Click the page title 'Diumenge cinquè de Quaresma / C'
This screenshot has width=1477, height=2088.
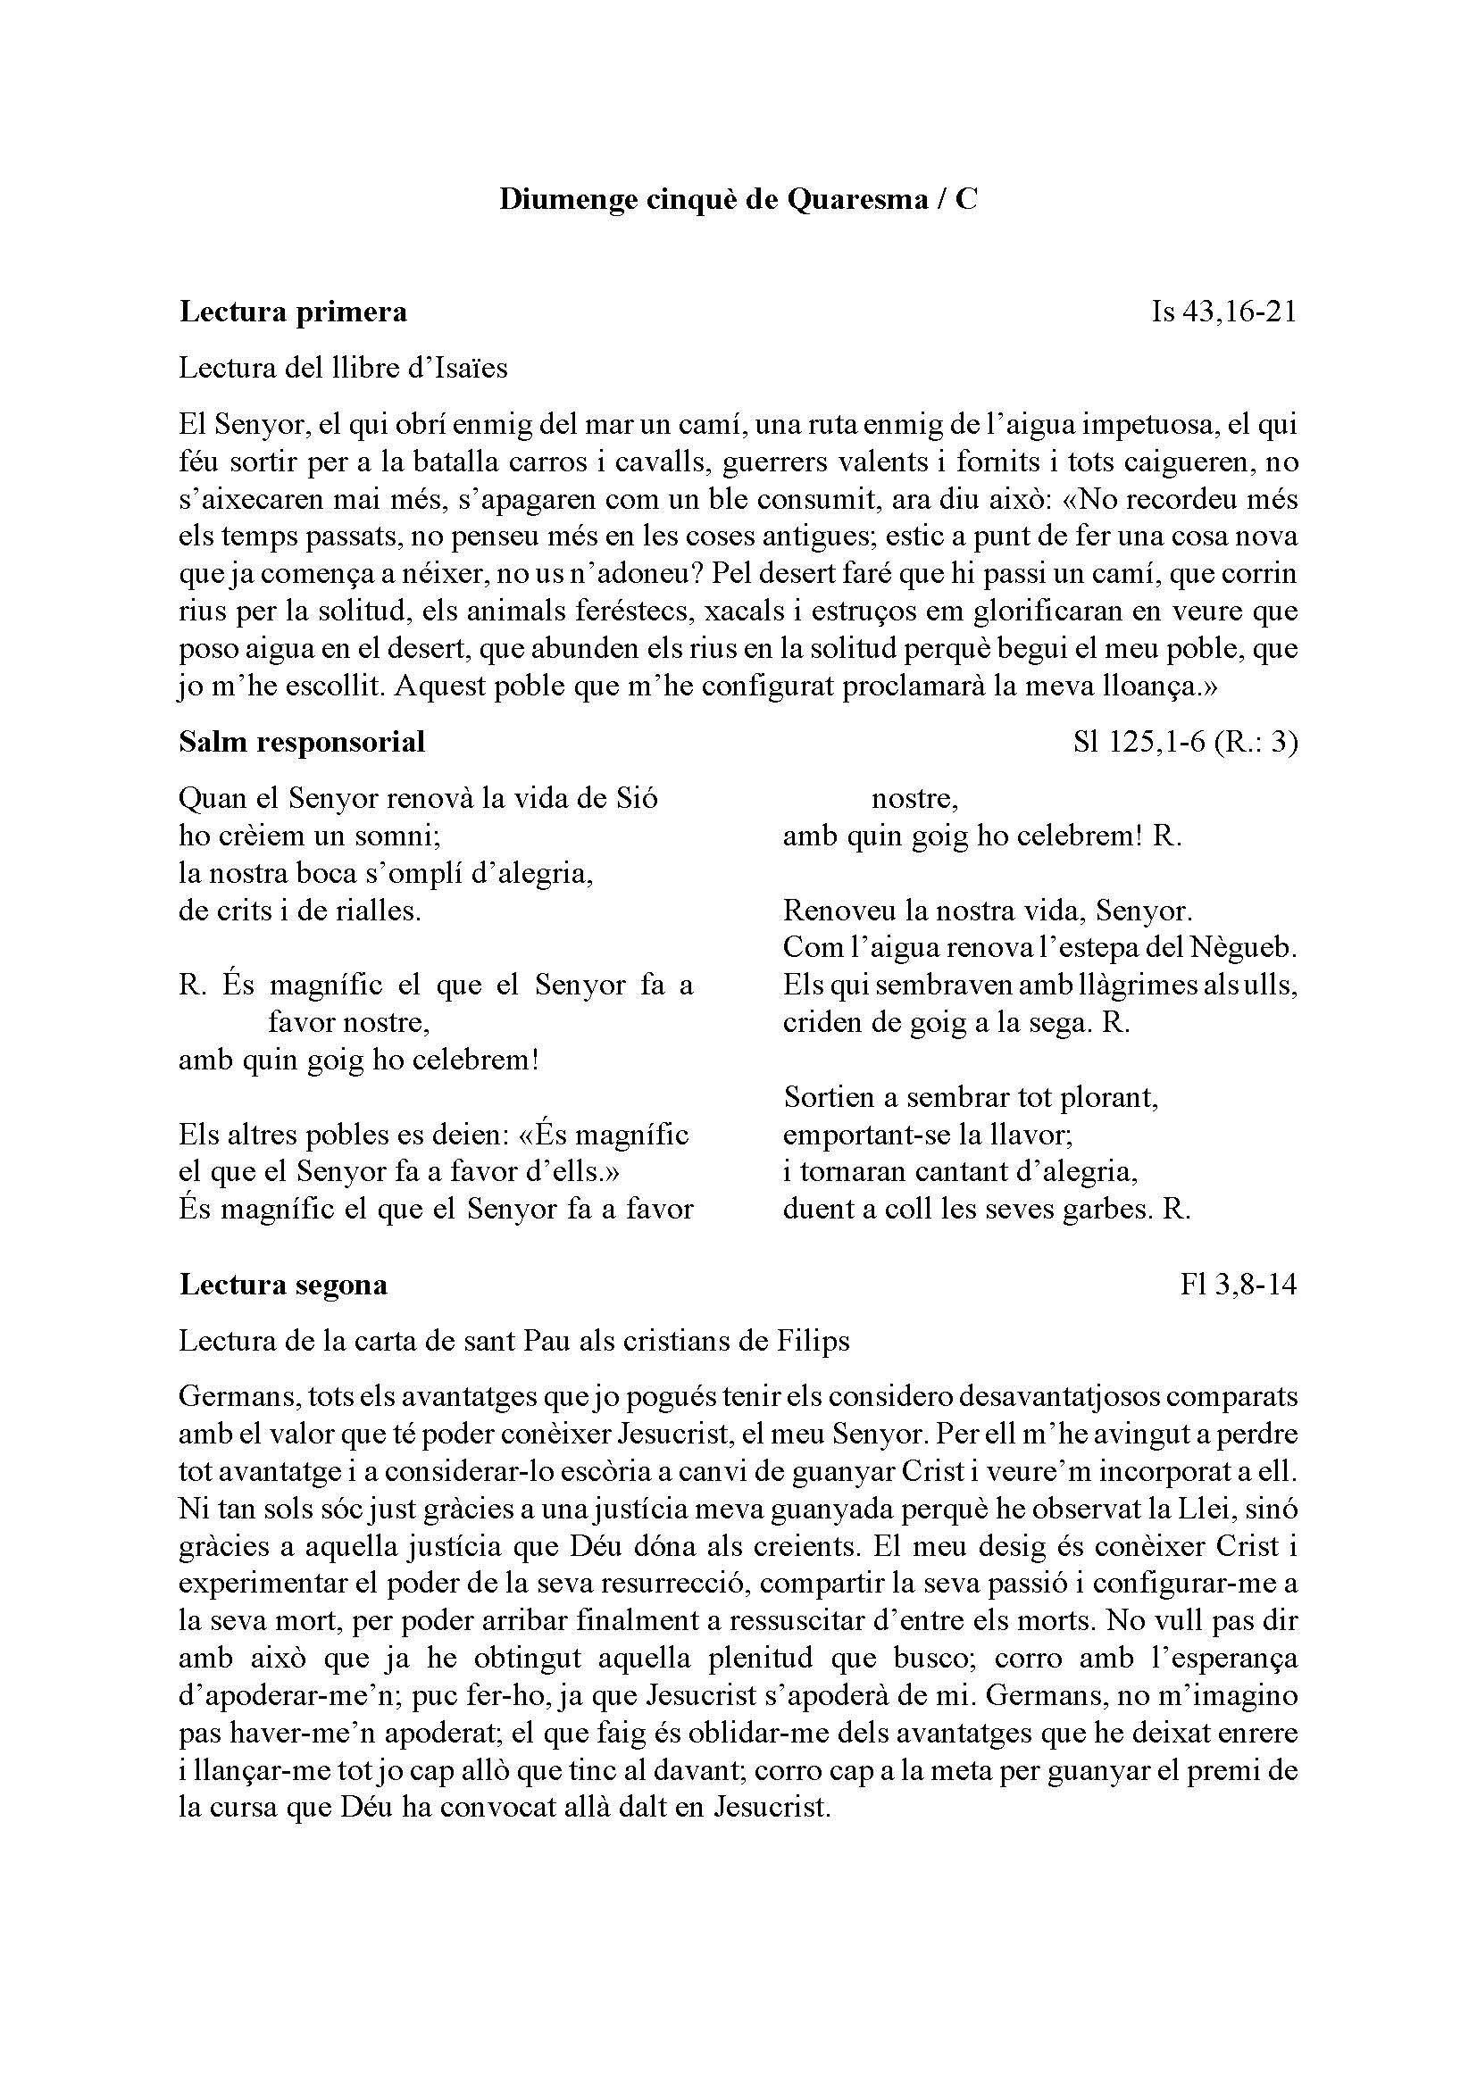pos(738,199)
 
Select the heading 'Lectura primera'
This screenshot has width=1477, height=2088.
pos(293,312)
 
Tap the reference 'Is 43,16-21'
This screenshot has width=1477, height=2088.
pos(1223,312)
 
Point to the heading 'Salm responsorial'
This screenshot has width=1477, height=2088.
pos(302,742)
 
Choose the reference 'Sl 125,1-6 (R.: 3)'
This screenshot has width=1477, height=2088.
pos(1185,742)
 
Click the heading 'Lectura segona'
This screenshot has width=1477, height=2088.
pos(283,1284)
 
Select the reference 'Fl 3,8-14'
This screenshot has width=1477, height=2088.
pos(1238,1284)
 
